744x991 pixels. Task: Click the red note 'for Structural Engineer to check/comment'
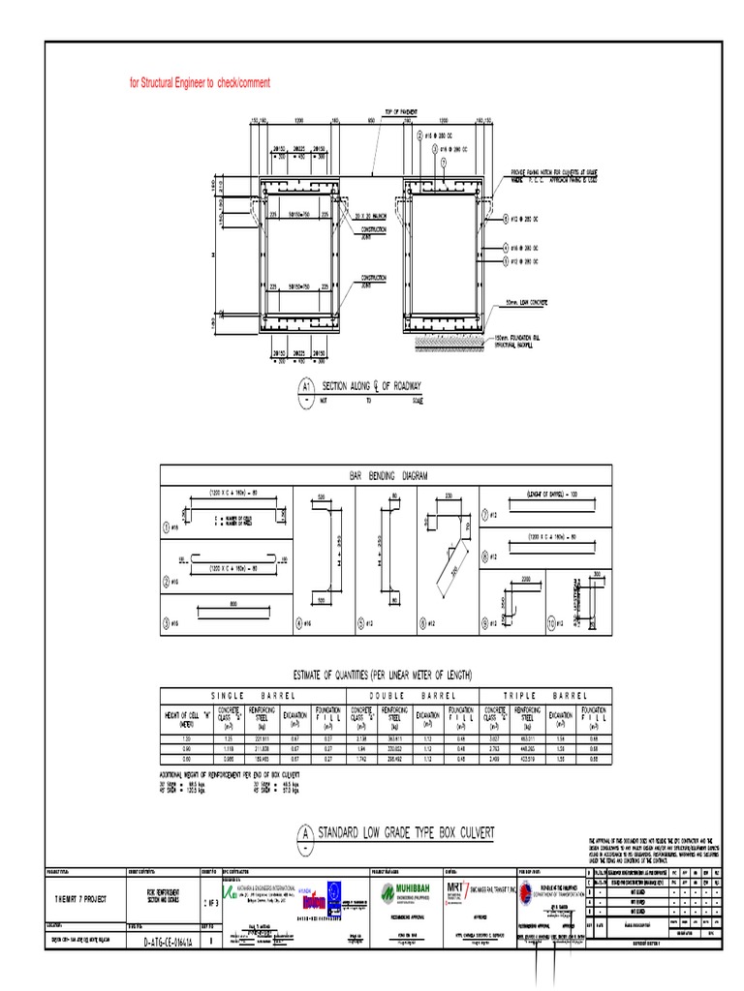(x=200, y=83)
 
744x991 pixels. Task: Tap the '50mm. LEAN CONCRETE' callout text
(x=523, y=302)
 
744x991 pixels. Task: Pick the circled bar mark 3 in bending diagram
(x=168, y=622)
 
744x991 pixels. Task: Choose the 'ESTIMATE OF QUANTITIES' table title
(x=384, y=674)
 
